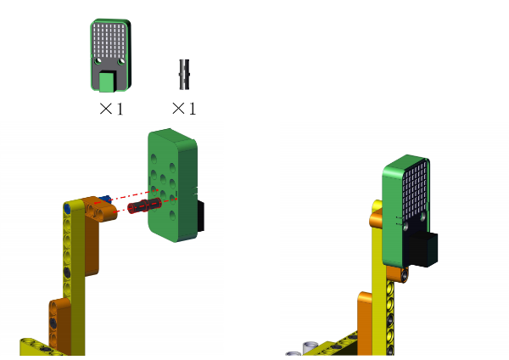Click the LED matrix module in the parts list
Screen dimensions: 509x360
pyautogui.click(x=110, y=55)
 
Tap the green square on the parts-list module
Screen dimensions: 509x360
pyautogui.click(x=108, y=82)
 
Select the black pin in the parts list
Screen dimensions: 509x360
pyautogui.click(x=184, y=75)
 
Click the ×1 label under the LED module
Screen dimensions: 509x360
pyautogui.click(x=111, y=109)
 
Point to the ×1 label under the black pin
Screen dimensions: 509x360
pyautogui.click(x=184, y=109)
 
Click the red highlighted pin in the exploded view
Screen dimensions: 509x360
pyautogui.click(x=144, y=206)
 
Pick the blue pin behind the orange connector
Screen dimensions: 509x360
pyautogui.click(x=105, y=200)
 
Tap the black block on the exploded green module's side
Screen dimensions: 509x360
pyautogui.click(x=200, y=216)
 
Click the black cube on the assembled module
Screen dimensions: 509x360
pyautogui.click(x=423, y=249)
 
